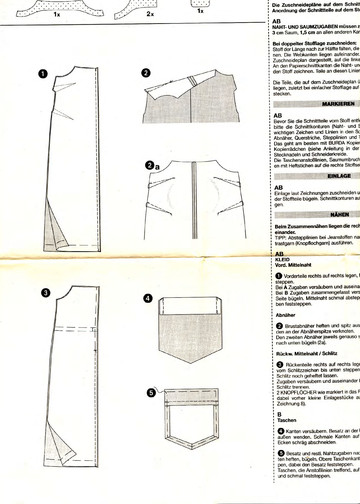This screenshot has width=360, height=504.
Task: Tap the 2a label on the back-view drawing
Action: coord(149,138)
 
